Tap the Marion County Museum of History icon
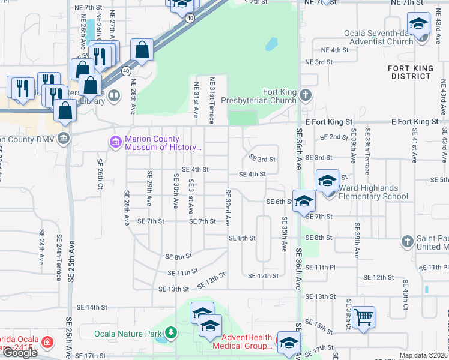click(115, 142)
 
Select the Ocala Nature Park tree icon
click(171, 332)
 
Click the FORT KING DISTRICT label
click(410, 72)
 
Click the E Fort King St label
click(414, 122)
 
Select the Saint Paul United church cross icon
click(407, 242)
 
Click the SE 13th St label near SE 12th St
click(173, 289)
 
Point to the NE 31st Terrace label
click(211, 100)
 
